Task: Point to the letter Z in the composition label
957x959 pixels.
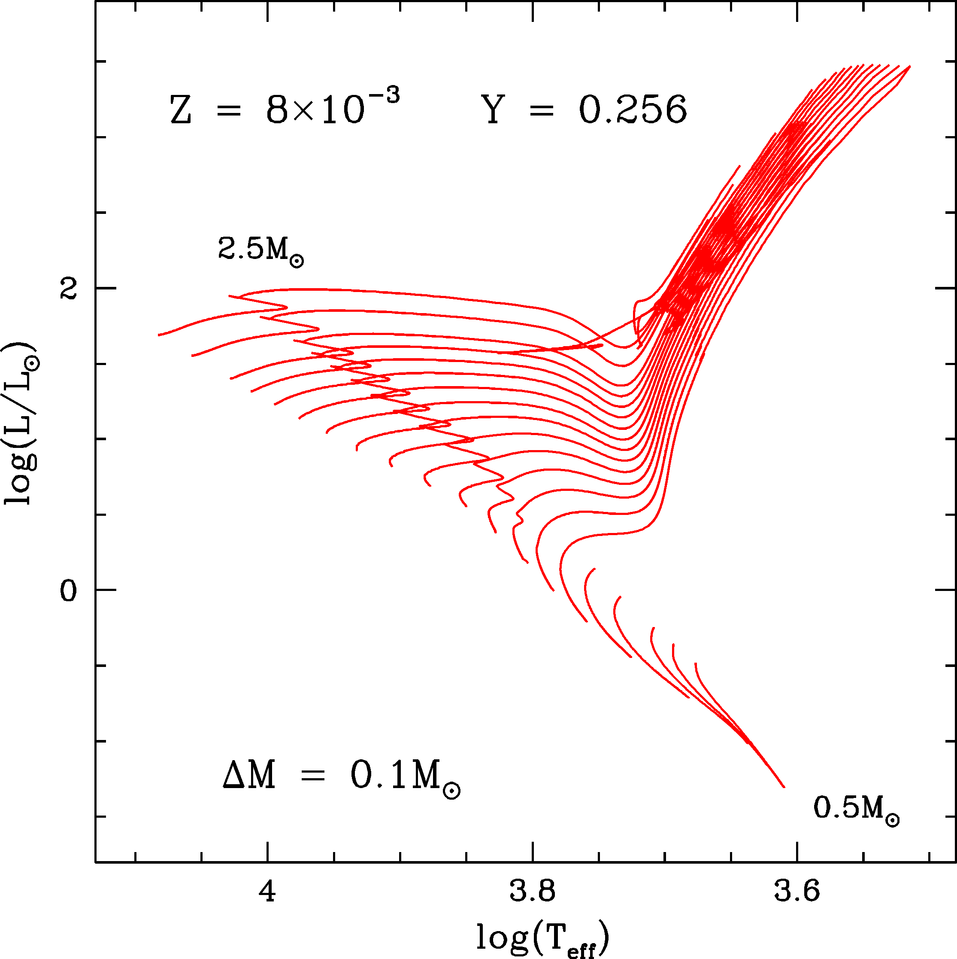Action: point(181,110)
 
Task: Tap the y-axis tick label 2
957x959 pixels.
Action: point(69,289)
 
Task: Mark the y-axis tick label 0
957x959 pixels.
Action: point(69,591)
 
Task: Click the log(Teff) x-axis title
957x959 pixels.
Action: point(543,937)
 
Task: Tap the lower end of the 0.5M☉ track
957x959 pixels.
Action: point(784,787)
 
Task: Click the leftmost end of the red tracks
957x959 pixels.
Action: point(159,335)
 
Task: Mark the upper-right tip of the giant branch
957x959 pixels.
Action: point(909,66)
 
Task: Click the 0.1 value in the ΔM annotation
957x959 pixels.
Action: point(378,775)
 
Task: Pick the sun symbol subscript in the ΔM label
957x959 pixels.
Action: point(451,791)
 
